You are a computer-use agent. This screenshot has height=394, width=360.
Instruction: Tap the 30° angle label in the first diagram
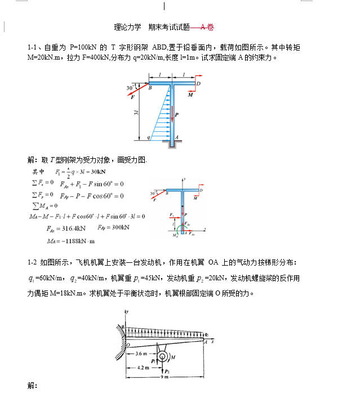tap(131, 88)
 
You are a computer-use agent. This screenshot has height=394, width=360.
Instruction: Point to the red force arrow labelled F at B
tap(137, 93)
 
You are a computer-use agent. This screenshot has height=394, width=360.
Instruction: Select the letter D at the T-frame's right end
tap(199, 83)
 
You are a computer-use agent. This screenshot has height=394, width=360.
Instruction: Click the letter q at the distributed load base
tap(148, 137)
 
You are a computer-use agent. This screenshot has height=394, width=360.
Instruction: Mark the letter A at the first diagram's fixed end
tap(177, 137)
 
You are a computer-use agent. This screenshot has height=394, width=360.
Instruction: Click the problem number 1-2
tap(33, 262)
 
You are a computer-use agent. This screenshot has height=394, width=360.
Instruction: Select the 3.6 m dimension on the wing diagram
tap(142, 354)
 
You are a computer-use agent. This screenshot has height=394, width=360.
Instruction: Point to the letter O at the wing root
tap(127, 344)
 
